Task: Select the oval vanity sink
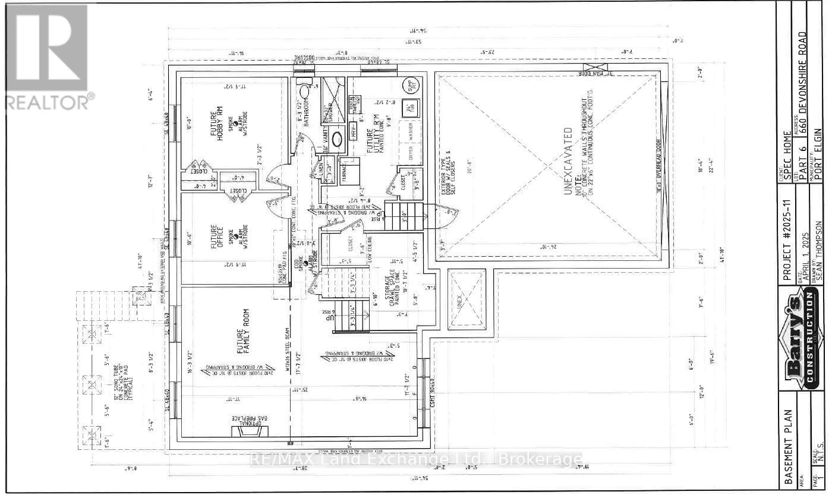point(336,139)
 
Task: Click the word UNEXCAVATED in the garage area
point(568,160)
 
